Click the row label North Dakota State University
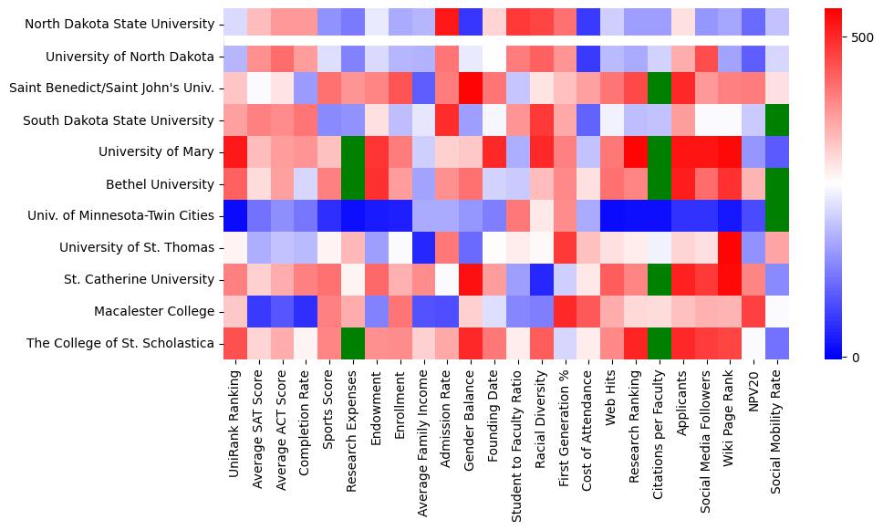point(118,25)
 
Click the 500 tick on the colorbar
point(862,38)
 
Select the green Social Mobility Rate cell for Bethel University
point(778,183)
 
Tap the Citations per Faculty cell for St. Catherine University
point(660,279)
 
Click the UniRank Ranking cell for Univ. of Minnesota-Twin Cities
point(235,215)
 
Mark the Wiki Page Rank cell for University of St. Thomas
point(731,247)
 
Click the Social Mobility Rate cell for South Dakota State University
point(778,120)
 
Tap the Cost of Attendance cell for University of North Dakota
point(589,57)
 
